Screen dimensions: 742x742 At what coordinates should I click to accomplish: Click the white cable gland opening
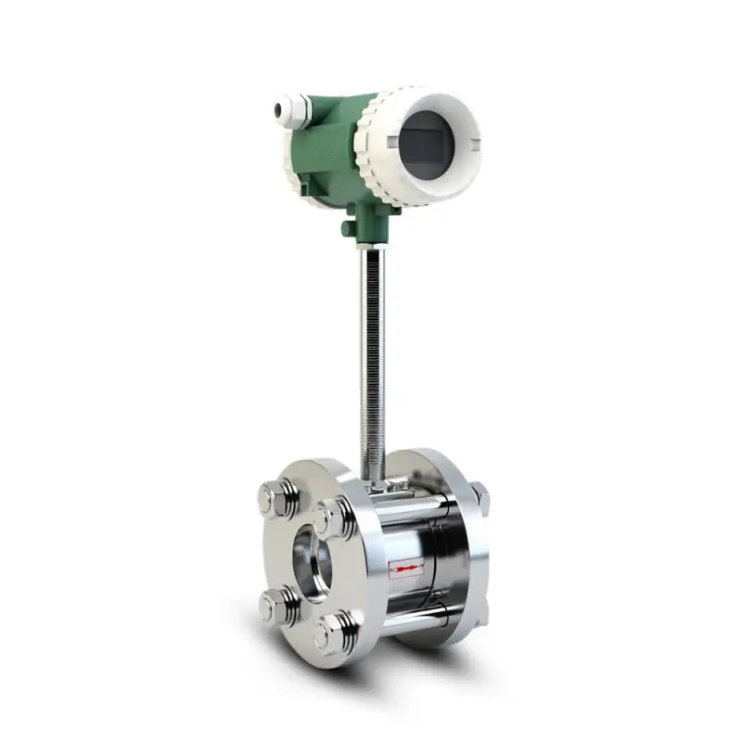276,110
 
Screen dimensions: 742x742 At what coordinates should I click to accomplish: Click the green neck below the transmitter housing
371,223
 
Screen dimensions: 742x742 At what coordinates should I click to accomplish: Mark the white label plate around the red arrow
407,569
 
